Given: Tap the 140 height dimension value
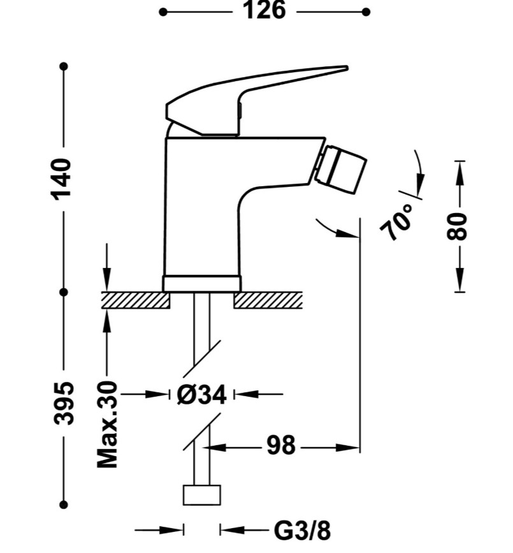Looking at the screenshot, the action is point(62,179).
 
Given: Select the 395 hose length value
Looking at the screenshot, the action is point(64,403).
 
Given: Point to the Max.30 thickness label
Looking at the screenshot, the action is point(107,424).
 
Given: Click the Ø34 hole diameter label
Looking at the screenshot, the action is point(201,394).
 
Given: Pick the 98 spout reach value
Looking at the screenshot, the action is point(281,446).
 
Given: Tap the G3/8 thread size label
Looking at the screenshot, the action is point(302,531).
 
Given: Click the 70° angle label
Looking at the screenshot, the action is point(397,222).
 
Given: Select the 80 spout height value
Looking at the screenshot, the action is point(457,226).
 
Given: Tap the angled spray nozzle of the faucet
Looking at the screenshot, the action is point(341,170).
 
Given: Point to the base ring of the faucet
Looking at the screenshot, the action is point(202,284).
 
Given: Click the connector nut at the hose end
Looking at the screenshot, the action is point(201,495).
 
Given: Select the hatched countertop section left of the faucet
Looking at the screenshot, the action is point(136,300).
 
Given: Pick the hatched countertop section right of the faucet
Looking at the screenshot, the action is point(268,300).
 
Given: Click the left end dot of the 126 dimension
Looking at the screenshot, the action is point(163,12).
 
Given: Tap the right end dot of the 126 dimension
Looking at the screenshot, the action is point(366,12).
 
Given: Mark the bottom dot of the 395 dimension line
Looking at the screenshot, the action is point(64,505).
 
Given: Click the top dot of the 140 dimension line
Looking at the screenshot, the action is point(64,66).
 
